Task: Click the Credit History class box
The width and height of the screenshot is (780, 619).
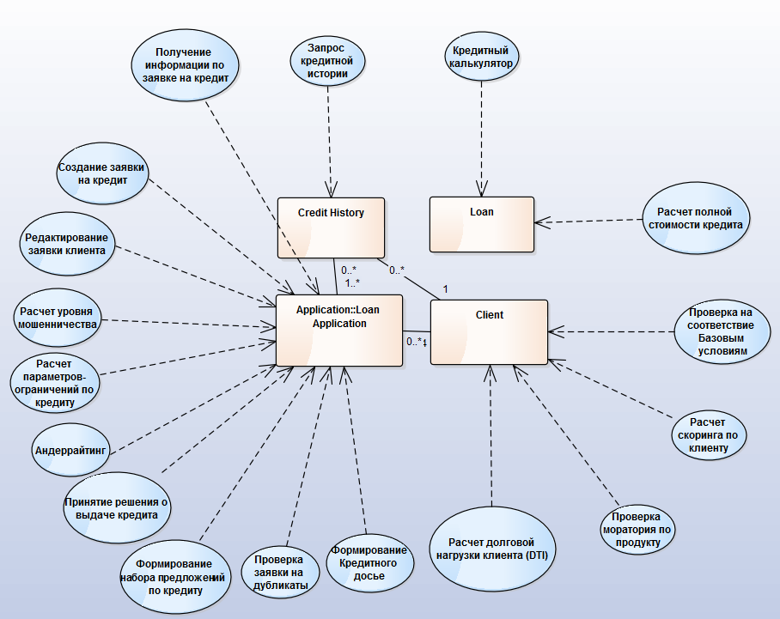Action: click(x=331, y=228)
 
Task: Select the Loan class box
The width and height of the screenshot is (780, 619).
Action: click(x=481, y=226)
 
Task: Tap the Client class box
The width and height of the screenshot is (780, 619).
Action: click(x=488, y=331)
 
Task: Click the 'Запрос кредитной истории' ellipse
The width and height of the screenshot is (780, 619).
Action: click(x=326, y=60)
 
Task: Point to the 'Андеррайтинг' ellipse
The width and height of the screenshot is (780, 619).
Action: click(x=70, y=450)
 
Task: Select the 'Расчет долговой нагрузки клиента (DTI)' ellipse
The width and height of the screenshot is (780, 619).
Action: click(x=492, y=549)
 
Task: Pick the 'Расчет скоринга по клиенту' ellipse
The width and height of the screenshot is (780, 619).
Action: click(x=708, y=435)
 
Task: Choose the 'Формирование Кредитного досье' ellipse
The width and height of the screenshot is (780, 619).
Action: click(x=369, y=562)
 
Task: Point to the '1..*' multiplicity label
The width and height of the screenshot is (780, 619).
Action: click(x=351, y=282)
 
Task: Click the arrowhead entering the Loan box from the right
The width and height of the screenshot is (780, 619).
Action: click(x=539, y=223)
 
